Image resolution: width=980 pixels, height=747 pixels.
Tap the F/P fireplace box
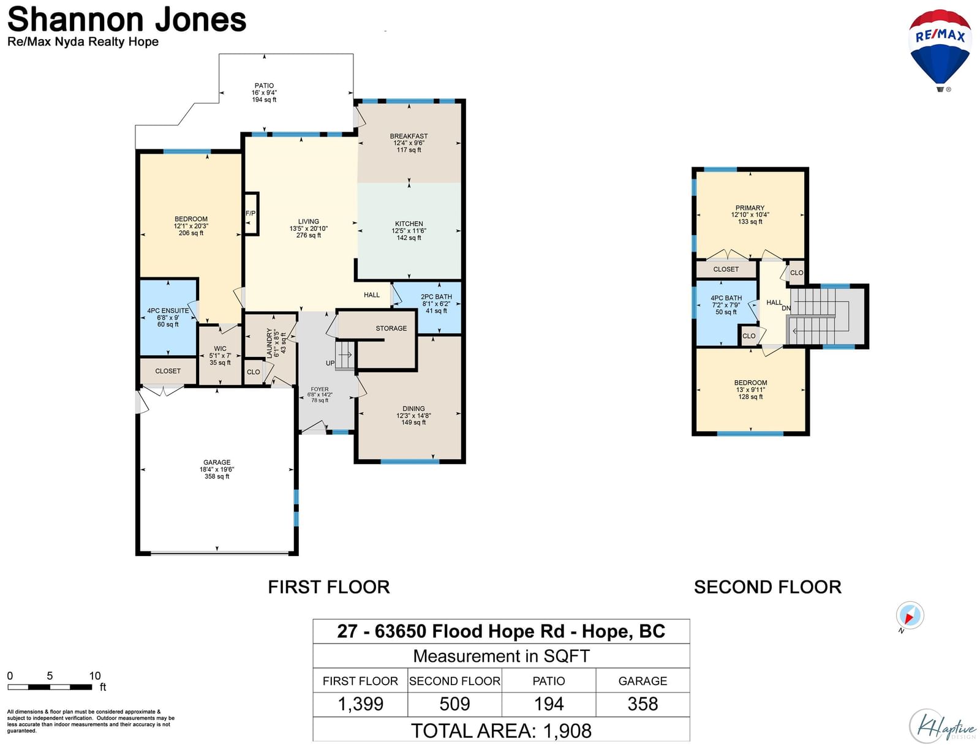pyautogui.click(x=251, y=214)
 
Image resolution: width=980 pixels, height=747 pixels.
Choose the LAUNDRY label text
pyautogui.click(x=269, y=343)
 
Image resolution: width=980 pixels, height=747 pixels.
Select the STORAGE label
pyautogui.click(x=391, y=328)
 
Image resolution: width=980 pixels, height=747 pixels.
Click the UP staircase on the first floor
pyautogui.click(x=345, y=355)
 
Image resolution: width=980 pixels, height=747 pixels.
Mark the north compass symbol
pyautogui.click(x=910, y=616)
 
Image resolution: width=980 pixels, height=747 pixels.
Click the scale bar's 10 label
pyautogui.click(x=95, y=676)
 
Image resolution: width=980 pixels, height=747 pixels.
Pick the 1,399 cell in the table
pyautogui.click(x=360, y=704)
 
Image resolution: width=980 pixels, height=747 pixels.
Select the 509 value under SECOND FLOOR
pyautogui.click(x=454, y=704)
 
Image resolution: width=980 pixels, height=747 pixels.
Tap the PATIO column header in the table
pyautogui.click(x=549, y=681)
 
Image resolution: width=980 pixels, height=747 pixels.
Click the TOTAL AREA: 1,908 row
pyautogui.click(x=501, y=731)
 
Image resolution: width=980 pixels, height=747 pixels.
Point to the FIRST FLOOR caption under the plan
pyautogui.click(x=328, y=587)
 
